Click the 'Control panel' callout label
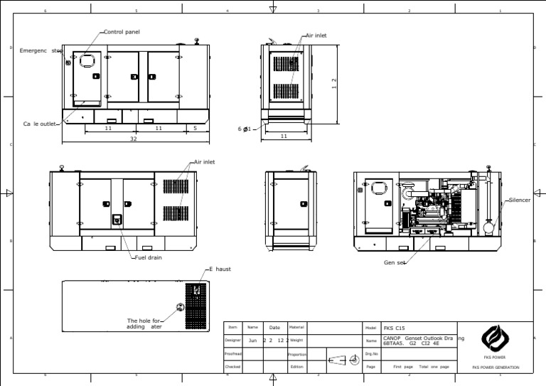pos(122,32)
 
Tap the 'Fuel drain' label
pos(149,257)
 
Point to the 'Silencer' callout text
pos(520,200)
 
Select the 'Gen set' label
pos(395,262)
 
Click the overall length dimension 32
pos(133,139)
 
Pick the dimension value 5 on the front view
pos(195,129)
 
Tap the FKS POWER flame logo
pos(495,338)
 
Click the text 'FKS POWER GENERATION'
pos(496,368)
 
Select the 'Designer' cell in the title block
pos(233,341)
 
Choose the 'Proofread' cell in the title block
pos(233,354)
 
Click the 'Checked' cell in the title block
pos(233,367)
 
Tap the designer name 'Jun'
pos(252,341)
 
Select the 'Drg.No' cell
pos(370,353)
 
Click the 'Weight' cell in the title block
pos(296,341)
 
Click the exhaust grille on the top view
pos(195,306)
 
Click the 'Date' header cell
pos(274,328)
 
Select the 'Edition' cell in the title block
pos(296,367)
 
